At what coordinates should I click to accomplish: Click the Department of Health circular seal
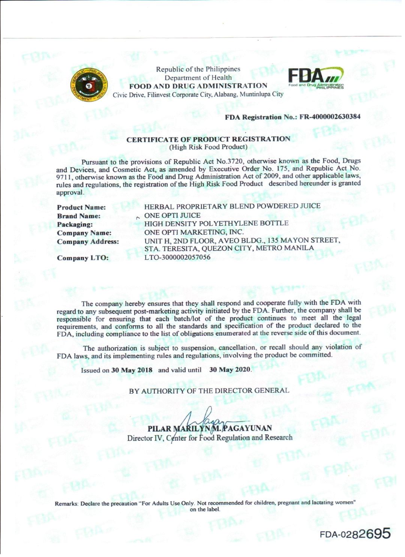click(88, 86)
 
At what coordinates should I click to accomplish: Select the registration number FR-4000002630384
click(330, 117)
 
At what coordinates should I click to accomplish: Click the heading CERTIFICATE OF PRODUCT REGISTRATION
click(208, 139)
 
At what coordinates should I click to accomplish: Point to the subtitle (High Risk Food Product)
click(208, 147)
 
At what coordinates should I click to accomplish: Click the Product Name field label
click(81, 207)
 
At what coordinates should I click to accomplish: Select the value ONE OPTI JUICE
click(172, 215)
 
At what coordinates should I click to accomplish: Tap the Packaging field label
click(75, 224)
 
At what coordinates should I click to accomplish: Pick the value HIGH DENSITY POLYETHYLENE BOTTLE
click(216, 223)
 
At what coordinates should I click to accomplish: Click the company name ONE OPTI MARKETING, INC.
click(194, 232)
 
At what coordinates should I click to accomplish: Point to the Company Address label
click(88, 242)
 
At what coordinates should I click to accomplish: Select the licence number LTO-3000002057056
click(177, 257)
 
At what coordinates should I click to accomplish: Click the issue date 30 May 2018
click(132, 370)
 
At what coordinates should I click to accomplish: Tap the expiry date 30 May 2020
click(229, 369)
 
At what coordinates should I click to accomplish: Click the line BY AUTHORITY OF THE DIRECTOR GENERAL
click(209, 390)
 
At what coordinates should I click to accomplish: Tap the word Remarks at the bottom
click(66, 503)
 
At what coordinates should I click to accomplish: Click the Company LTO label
click(83, 258)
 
